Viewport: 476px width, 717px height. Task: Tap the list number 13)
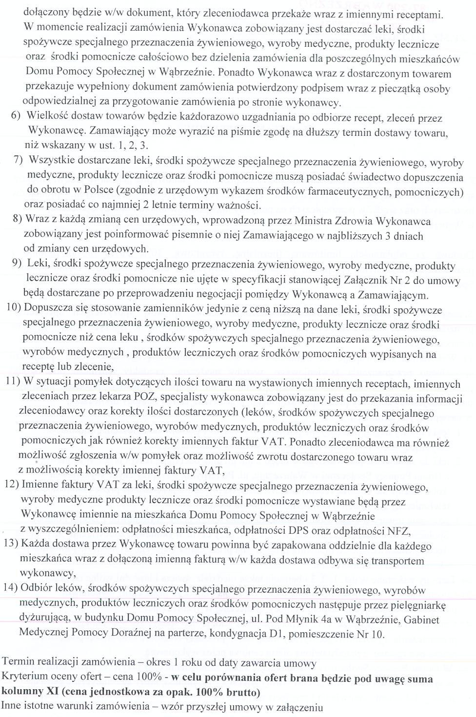pyautogui.click(x=12, y=543)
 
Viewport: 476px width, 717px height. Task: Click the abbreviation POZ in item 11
pyautogui.click(x=149, y=398)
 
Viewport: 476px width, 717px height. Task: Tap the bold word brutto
pyautogui.click(x=242, y=692)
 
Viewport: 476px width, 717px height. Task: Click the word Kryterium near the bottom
pyautogui.click(x=21, y=678)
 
